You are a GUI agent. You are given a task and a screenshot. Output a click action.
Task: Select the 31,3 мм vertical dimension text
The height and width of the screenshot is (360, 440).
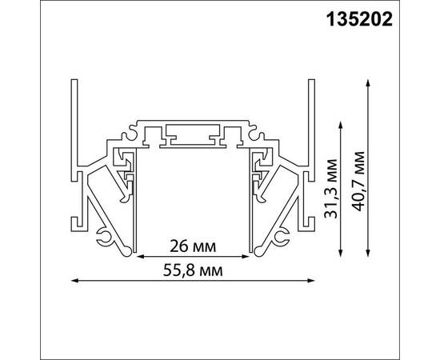pos(327,190)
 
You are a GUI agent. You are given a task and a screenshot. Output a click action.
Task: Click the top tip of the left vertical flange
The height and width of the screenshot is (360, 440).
pos(74,82)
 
